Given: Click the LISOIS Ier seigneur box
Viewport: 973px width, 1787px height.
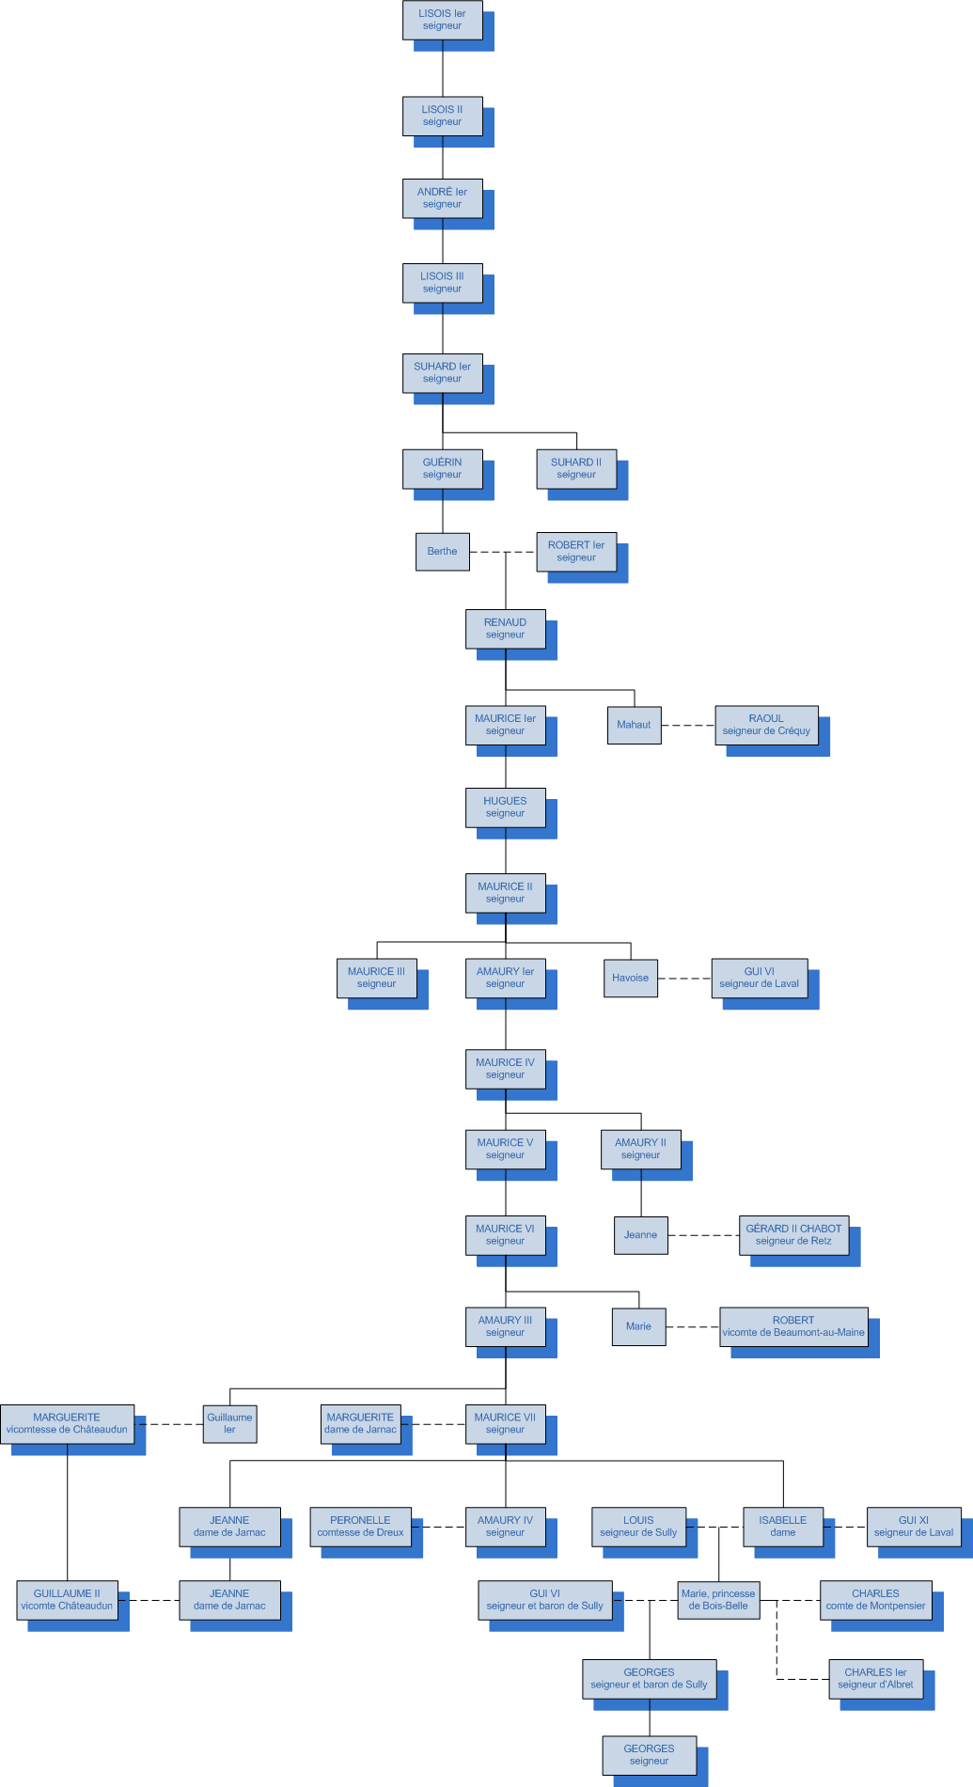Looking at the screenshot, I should click(442, 20).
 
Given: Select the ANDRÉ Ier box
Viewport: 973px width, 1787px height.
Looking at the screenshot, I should click(442, 198).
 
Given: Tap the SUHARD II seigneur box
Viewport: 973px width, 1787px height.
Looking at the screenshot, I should click(576, 468).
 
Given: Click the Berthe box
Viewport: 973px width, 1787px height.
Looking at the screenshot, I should click(442, 552).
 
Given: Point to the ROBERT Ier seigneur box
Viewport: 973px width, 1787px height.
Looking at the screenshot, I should click(576, 552).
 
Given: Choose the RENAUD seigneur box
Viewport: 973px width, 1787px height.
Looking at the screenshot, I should click(505, 629).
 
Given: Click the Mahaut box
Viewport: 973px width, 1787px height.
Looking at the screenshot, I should click(634, 725).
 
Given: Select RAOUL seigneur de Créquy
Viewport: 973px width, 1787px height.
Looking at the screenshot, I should click(766, 725).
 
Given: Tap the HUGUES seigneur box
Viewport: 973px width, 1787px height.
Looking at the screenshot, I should click(505, 807).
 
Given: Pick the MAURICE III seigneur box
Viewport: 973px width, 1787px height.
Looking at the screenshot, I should click(376, 978).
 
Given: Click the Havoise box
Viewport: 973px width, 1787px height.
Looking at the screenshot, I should click(630, 978).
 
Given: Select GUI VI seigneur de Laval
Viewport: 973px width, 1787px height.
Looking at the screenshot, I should click(759, 978).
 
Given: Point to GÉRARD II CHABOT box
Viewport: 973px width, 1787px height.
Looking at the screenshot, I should click(793, 1235).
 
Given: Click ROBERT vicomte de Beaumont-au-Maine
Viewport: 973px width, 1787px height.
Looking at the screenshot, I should click(793, 1326).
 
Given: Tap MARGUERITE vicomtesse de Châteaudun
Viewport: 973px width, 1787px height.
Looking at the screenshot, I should click(67, 1423).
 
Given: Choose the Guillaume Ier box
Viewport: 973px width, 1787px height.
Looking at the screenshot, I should click(229, 1423).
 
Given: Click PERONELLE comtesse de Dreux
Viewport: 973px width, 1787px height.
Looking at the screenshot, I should click(360, 1526).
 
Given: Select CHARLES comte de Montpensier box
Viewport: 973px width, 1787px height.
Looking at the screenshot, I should click(875, 1600).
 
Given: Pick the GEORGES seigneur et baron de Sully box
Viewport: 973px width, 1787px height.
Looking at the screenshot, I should click(649, 1679).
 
